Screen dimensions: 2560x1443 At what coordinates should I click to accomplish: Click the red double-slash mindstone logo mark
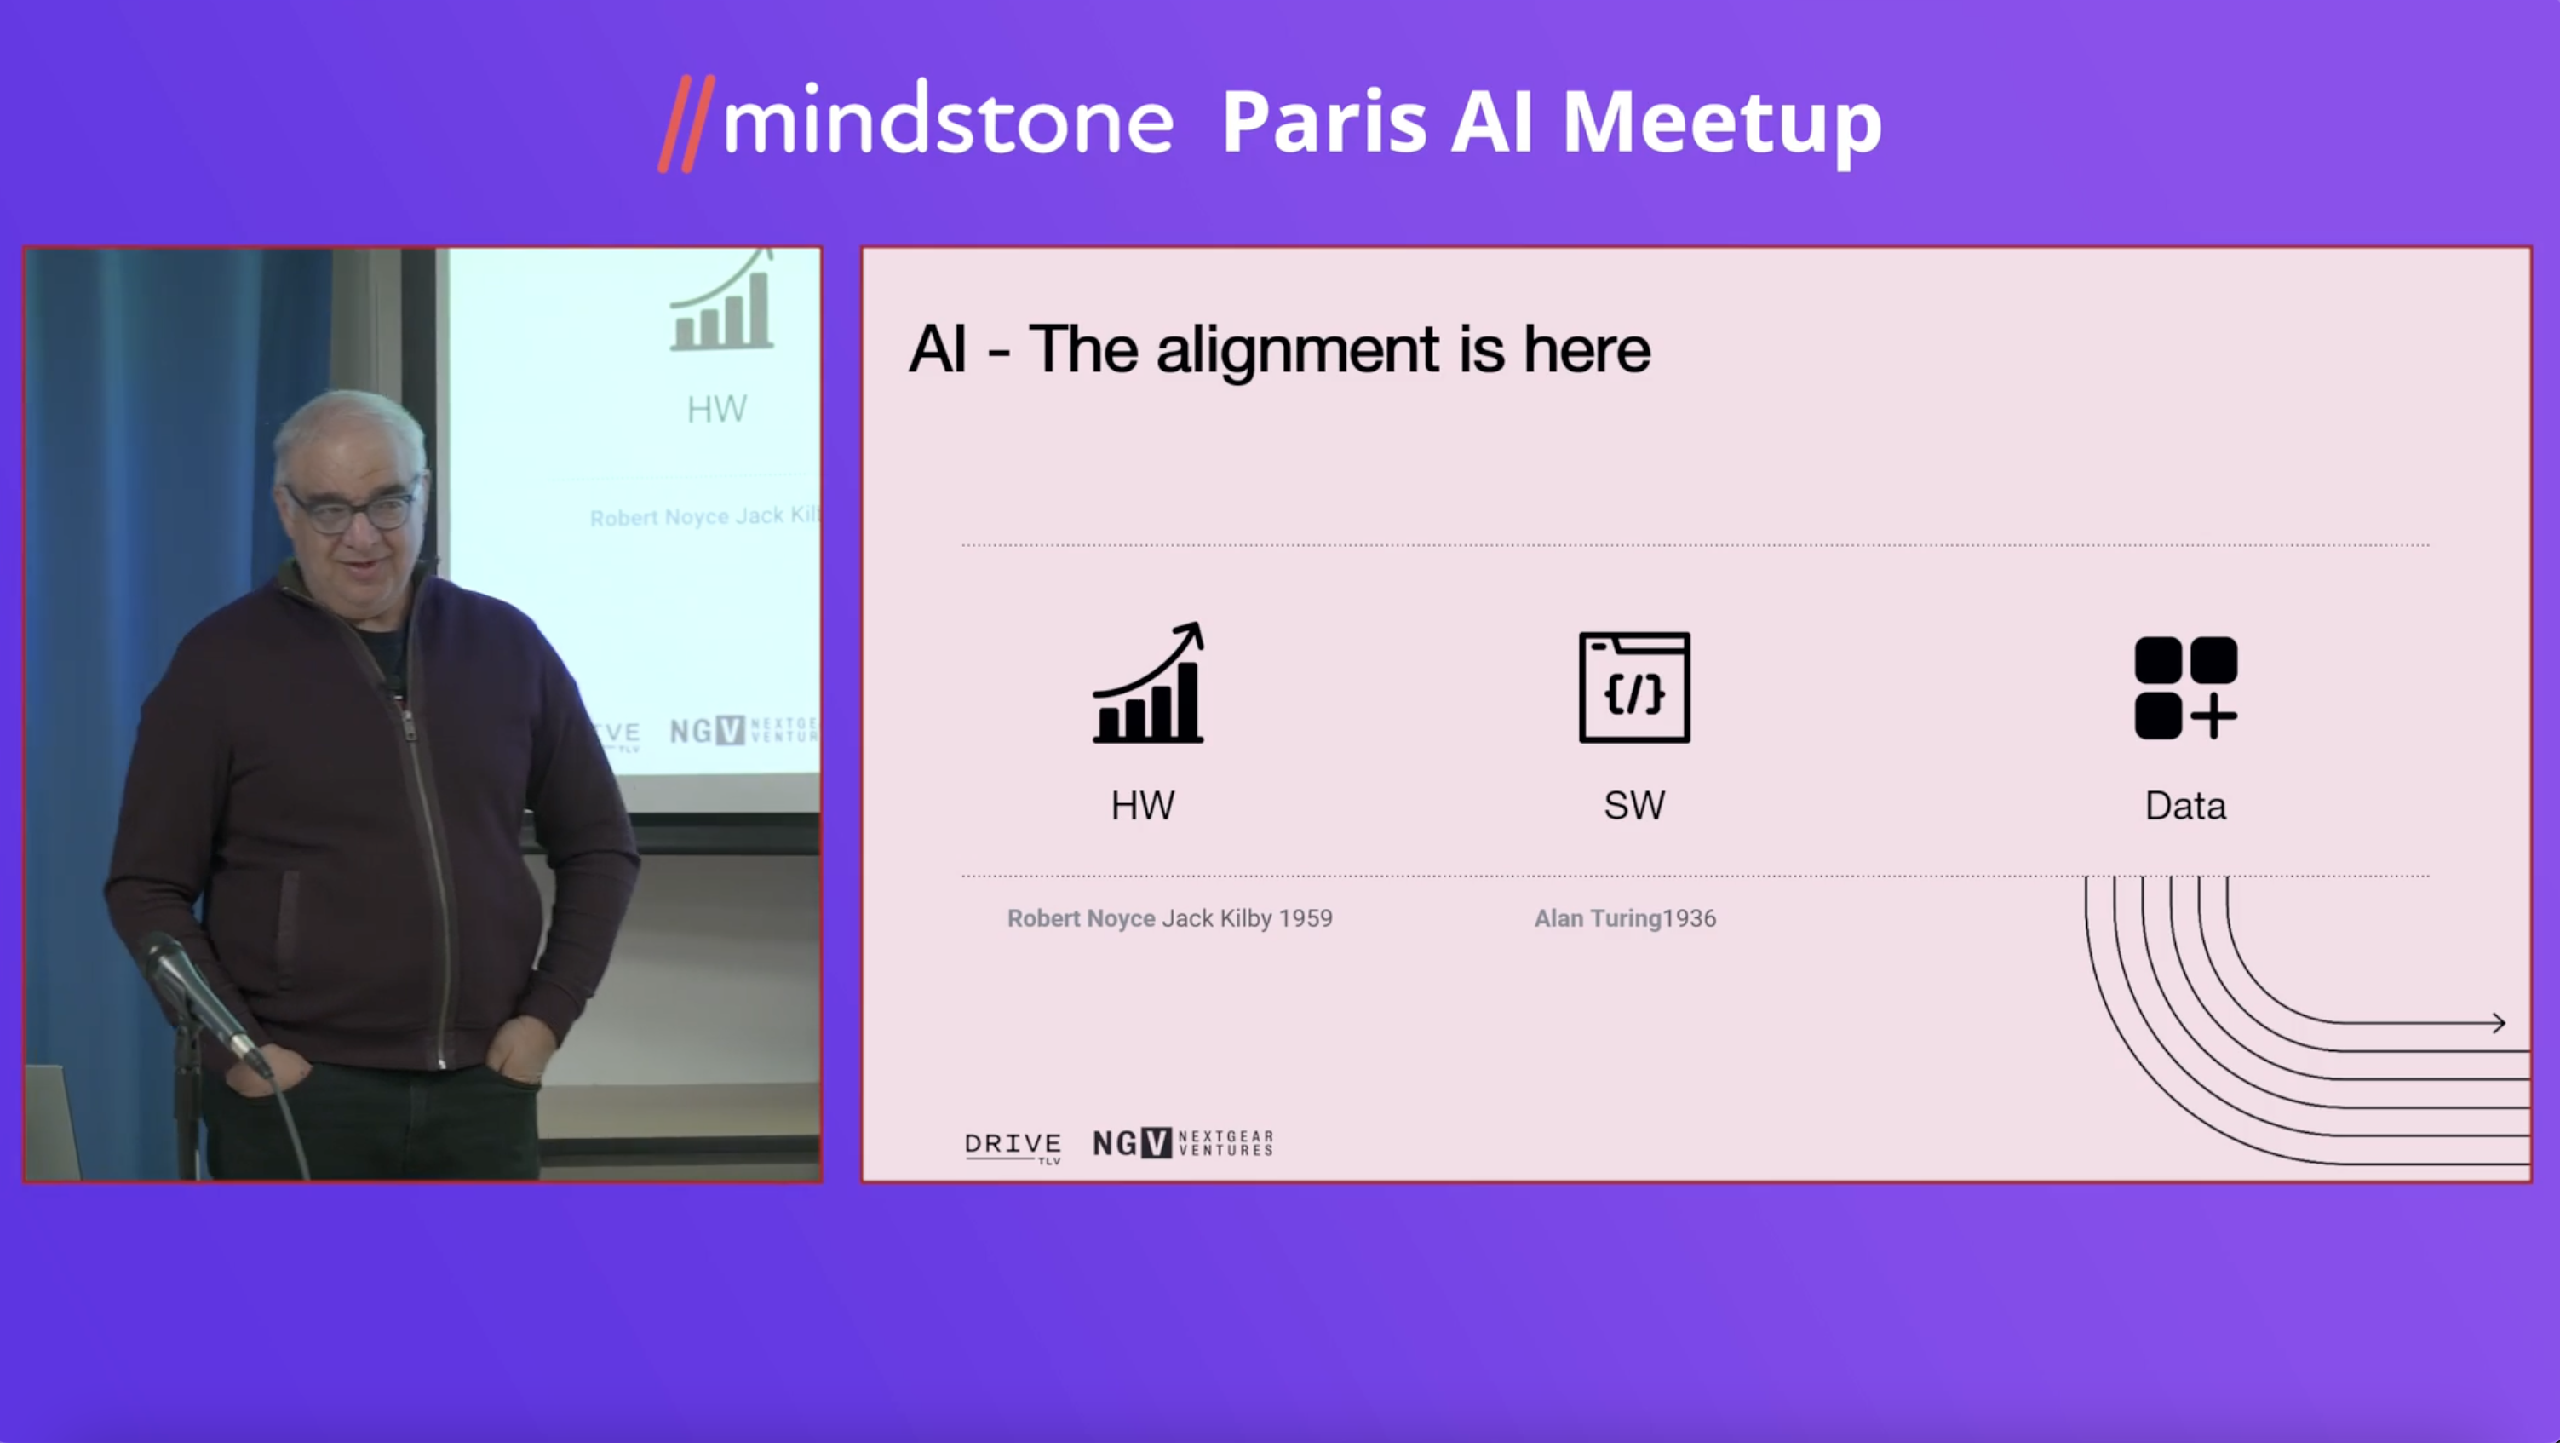686,124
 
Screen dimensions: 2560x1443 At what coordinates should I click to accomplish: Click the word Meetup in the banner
1721,124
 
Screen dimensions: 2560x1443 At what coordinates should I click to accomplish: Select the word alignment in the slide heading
1298,350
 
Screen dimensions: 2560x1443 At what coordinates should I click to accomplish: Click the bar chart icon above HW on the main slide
1149,683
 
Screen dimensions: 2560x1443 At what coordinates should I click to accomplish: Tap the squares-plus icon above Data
2185,687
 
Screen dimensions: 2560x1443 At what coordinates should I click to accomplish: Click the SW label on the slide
1633,805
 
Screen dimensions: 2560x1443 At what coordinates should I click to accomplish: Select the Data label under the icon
2185,806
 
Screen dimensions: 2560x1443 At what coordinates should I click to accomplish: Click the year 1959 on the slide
1306,918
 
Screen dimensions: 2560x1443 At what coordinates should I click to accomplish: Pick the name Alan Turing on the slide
1598,918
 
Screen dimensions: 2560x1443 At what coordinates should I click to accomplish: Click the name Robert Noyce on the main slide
1082,918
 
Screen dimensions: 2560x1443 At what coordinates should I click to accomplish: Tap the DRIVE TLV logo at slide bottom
1013,1147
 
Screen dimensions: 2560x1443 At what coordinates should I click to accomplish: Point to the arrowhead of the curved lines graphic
2499,1022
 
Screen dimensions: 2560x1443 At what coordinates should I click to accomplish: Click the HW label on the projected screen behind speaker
716,410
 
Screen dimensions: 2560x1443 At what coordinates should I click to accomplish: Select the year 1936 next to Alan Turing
1690,918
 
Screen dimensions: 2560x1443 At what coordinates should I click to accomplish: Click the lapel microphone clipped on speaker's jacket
394,685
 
